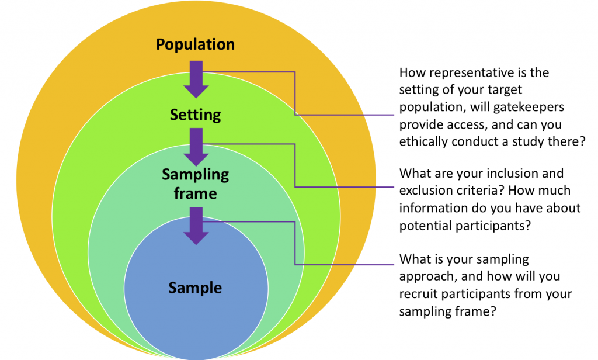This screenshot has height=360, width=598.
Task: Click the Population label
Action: click(x=195, y=44)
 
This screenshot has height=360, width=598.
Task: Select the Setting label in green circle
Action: click(x=195, y=115)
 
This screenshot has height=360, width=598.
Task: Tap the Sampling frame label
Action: click(x=195, y=184)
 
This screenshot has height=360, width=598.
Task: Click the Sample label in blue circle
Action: click(x=195, y=288)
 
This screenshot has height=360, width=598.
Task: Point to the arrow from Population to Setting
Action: click(x=196, y=78)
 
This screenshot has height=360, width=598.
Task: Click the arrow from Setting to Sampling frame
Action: click(x=196, y=148)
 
